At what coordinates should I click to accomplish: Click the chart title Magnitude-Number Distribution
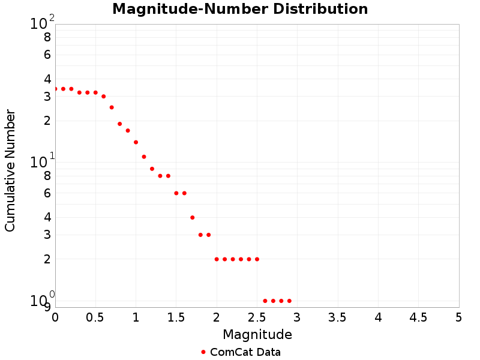(240, 9)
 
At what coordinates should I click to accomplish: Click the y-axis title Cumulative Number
(10, 170)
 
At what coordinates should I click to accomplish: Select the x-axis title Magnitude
(257, 334)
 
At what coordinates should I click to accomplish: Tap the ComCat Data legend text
(245, 352)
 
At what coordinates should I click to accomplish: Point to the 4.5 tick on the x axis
(418, 317)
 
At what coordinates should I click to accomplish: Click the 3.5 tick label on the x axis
(337, 317)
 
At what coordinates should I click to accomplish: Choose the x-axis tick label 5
(458, 317)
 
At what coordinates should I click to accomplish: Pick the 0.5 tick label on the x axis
(95, 317)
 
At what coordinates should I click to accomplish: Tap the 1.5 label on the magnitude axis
(176, 317)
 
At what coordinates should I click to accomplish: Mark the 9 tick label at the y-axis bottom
(47, 307)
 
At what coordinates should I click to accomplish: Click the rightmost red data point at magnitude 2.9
(289, 301)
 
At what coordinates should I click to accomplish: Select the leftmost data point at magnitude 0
(55, 89)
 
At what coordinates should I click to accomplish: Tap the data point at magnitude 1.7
(192, 217)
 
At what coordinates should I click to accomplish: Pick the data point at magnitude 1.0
(136, 142)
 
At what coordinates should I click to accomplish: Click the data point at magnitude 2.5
(257, 259)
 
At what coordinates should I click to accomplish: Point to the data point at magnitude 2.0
(217, 259)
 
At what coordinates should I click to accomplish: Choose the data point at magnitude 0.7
(112, 107)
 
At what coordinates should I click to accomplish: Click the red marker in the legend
(203, 352)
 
